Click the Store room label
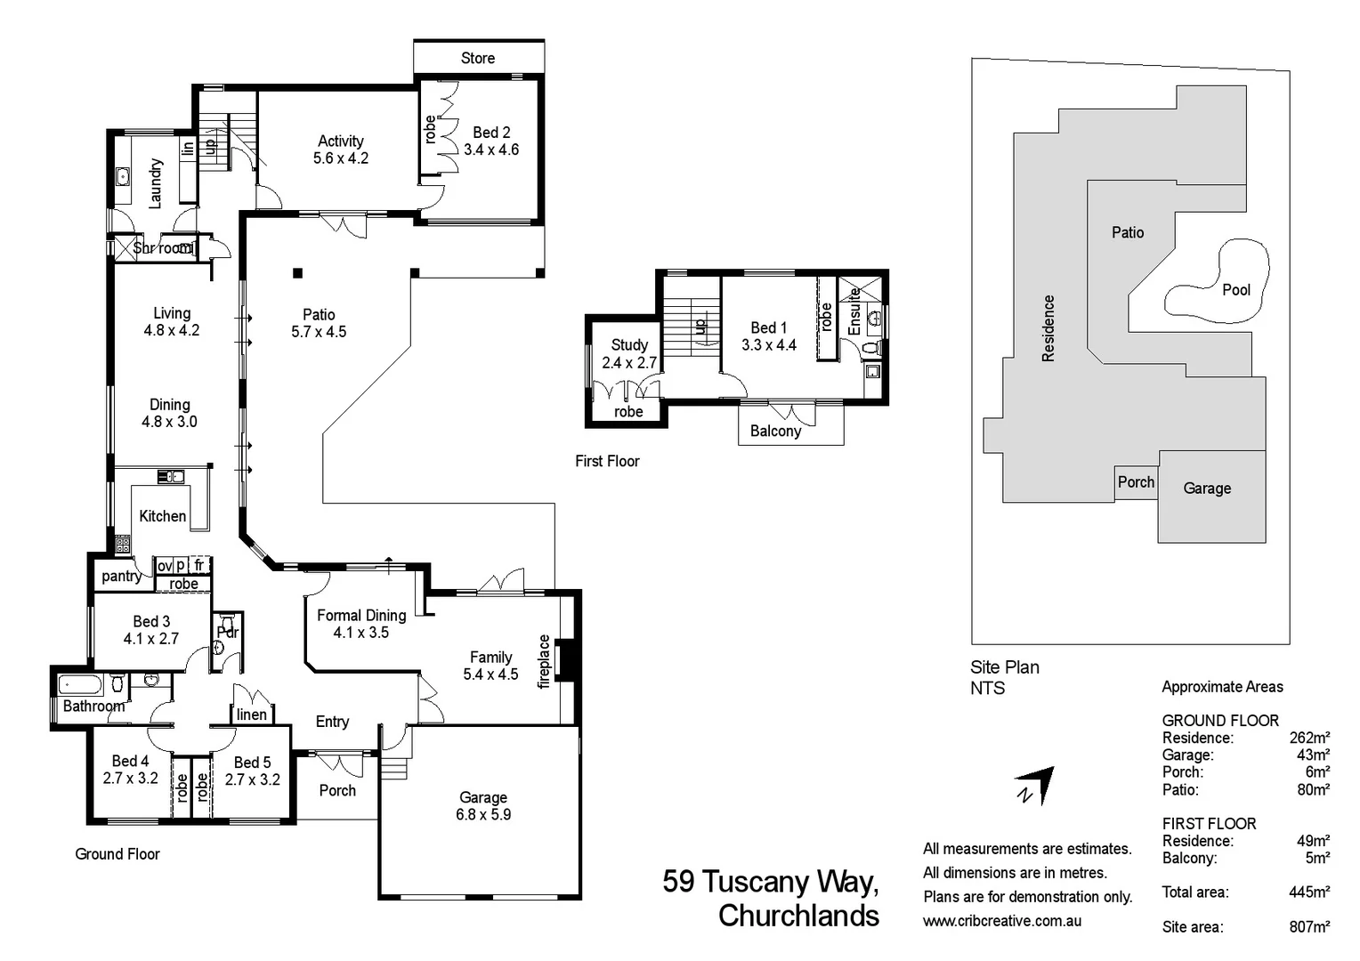[x=478, y=58]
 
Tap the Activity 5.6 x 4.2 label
[x=341, y=149]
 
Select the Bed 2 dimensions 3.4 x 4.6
[x=491, y=150]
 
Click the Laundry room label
[x=156, y=184]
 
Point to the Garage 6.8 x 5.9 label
[x=483, y=805]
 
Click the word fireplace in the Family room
[x=544, y=662]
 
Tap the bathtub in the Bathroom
[x=80, y=686]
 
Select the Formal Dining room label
[x=361, y=616]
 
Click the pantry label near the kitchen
[x=121, y=576]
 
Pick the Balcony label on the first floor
[x=775, y=431]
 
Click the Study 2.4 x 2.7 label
[x=629, y=354]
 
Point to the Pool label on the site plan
[x=1236, y=290]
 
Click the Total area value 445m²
[x=1309, y=892]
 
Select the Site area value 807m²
[x=1309, y=927]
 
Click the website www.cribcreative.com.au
[x=1002, y=921]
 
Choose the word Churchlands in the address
[x=798, y=916]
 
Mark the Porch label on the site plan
[x=1136, y=482]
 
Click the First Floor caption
[x=607, y=462]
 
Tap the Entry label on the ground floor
[x=332, y=722]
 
